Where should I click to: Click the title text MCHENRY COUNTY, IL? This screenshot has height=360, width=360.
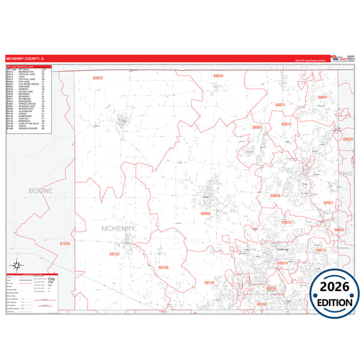(x=26, y=59)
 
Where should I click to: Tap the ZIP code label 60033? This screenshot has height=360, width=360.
(x=98, y=78)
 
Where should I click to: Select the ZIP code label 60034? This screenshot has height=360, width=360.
(x=217, y=76)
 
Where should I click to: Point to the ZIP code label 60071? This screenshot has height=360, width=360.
(x=280, y=105)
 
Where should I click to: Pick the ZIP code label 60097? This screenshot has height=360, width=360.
(x=257, y=127)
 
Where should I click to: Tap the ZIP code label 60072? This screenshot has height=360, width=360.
(x=286, y=124)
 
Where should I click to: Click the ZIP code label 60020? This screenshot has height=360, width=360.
(x=348, y=139)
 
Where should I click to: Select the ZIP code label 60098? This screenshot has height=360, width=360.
(x=206, y=213)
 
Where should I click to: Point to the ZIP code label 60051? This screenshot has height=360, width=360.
(x=328, y=203)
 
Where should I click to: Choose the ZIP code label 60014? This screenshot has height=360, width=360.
(x=282, y=263)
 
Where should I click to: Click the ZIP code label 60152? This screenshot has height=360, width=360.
(x=114, y=254)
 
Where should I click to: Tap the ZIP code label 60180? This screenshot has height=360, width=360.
(x=163, y=267)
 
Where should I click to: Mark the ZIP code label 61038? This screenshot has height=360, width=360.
(x=64, y=243)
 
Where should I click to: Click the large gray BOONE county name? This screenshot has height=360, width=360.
(x=41, y=191)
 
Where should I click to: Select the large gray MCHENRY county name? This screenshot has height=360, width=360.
(x=118, y=229)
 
